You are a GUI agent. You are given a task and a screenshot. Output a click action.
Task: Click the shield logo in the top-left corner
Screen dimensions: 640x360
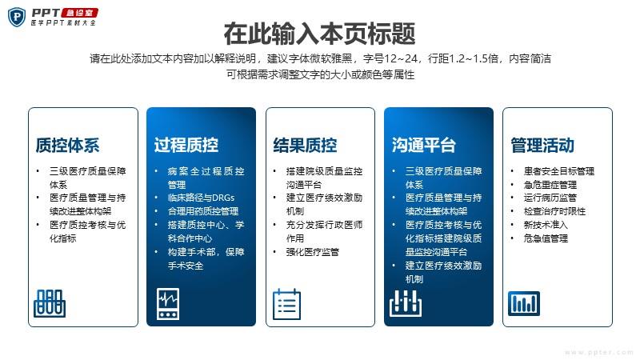pyautogui.click(x=17, y=17)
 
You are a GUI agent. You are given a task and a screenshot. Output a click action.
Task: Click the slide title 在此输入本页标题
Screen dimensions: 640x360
pyautogui.click(x=319, y=34)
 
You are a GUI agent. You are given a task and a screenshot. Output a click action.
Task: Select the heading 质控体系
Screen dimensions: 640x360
pyautogui.click(x=67, y=146)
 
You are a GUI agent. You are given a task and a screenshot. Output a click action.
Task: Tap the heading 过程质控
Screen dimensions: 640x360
pyautogui.click(x=186, y=146)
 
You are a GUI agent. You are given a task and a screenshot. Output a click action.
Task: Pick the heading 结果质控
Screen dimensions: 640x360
pyautogui.click(x=305, y=146)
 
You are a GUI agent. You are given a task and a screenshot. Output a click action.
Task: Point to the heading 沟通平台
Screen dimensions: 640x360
pyautogui.click(x=424, y=146)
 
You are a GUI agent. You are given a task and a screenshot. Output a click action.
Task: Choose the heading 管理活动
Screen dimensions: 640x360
pyautogui.click(x=542, y=146)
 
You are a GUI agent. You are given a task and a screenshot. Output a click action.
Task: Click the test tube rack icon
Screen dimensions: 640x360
pyautogui.click(x=50, y=303)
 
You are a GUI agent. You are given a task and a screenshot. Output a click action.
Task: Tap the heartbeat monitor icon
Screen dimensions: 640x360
pyautogui.click(x=168, y=304)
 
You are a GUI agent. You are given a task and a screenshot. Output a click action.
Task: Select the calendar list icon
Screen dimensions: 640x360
pyautogui.click(x=286, y=304)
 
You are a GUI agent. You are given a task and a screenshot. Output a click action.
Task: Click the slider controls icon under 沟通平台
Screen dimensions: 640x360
pyautogui.click(x=406, y=303)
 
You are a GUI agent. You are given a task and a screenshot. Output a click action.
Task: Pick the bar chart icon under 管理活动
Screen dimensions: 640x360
pyautogui.click(x=524, y=303)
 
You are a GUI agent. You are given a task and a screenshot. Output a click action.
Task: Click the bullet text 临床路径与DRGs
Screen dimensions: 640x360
pyautogui.click(x=201, y=198)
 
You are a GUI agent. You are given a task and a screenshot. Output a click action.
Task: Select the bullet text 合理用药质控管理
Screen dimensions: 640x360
pyautogui.click(x=203, y=211)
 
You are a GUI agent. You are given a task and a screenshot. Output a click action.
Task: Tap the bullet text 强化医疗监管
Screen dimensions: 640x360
pyautogui.click(x=313, y=252)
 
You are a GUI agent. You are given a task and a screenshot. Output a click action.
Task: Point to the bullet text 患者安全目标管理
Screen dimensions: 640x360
pyautogui.click(x=558, y=171)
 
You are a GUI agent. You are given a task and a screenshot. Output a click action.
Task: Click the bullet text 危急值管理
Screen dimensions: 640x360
pyautogui.click(x=546, y=238)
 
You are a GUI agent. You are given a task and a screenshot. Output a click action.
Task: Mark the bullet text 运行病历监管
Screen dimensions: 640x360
pyautogui.click(x=550, y=198)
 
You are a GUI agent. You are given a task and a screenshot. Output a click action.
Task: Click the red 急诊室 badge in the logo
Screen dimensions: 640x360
pyautogui.click(x=79, y=13)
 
